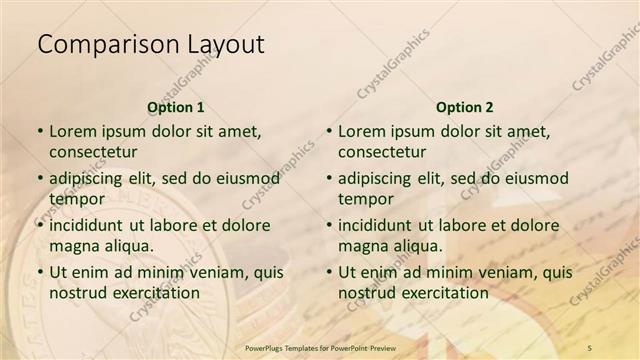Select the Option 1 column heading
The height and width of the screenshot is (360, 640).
pos(176,107)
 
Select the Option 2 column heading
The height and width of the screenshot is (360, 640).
pos(465,107)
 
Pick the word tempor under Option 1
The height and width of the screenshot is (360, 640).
pos(76,199)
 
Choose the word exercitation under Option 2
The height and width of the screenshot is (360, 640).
pos(443,293)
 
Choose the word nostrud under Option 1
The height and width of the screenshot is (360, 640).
pos(78,293)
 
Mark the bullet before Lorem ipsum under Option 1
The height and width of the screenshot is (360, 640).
pos(40,132)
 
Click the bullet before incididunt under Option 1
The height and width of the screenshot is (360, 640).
pos(40,226)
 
